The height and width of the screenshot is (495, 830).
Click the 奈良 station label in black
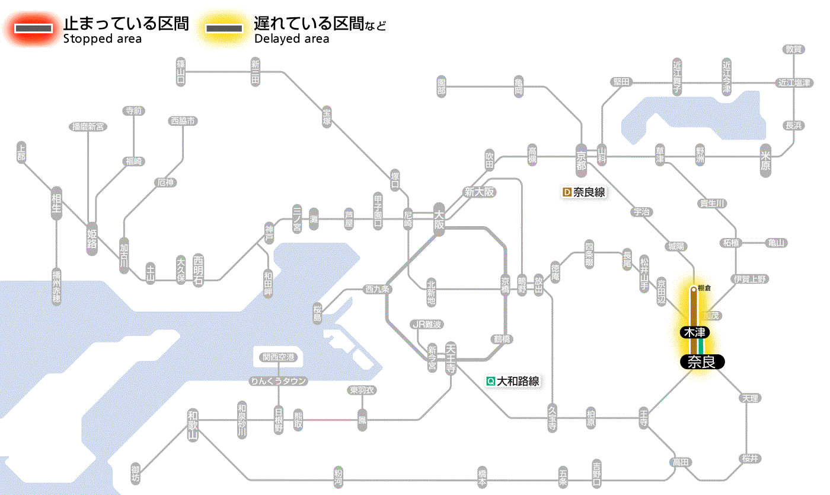pos(702,361)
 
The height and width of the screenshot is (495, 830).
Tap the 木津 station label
pos(695,332)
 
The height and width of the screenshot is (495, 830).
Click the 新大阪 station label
pos(479,192)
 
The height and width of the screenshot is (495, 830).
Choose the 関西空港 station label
pos(278,357)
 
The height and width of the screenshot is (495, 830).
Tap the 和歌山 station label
pos(193,424)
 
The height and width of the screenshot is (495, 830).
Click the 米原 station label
pos(765,160)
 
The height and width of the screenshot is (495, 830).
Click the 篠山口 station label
pos(181,72)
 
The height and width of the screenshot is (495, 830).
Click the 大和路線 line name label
pos(513,381)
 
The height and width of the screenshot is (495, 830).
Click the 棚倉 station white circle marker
pos(693,290)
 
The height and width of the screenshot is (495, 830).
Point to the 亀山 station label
pos(776,243)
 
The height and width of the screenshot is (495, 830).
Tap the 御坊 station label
pos(136,474)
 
